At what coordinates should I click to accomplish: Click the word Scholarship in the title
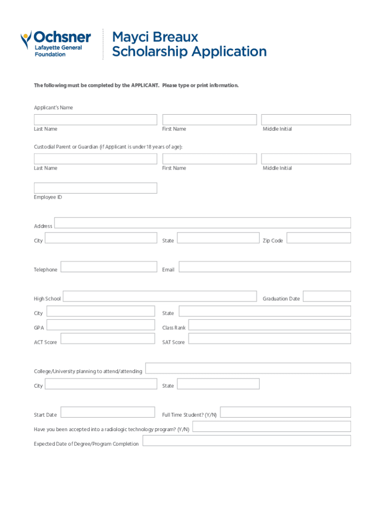coord(149,51)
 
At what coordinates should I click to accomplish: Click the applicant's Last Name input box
coord(95,120)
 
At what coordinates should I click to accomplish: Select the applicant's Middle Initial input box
coord(305,120)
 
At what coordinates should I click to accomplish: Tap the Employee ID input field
coord(95,188)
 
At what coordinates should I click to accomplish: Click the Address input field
coord(202,223)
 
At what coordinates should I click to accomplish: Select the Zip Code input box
coord(318,238)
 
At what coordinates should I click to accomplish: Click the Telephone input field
coord(108,266)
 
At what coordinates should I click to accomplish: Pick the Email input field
coord(264,266)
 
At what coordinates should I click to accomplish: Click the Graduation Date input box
coord(326,296)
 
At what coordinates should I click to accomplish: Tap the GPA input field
coord(100,325)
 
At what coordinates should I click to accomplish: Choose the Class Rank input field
coord(269,325)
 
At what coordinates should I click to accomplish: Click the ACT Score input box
coord(107,339)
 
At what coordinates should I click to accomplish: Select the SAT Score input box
coord(269,339)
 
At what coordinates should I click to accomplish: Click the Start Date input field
coord(107,412)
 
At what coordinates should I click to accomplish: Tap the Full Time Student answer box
coord(285,412)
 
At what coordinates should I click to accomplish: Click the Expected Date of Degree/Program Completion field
coord(246,441)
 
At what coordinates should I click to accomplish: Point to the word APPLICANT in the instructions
coord(145,85)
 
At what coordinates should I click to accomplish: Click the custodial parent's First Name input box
coord(209,159)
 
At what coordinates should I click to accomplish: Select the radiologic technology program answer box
coord(271,426)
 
